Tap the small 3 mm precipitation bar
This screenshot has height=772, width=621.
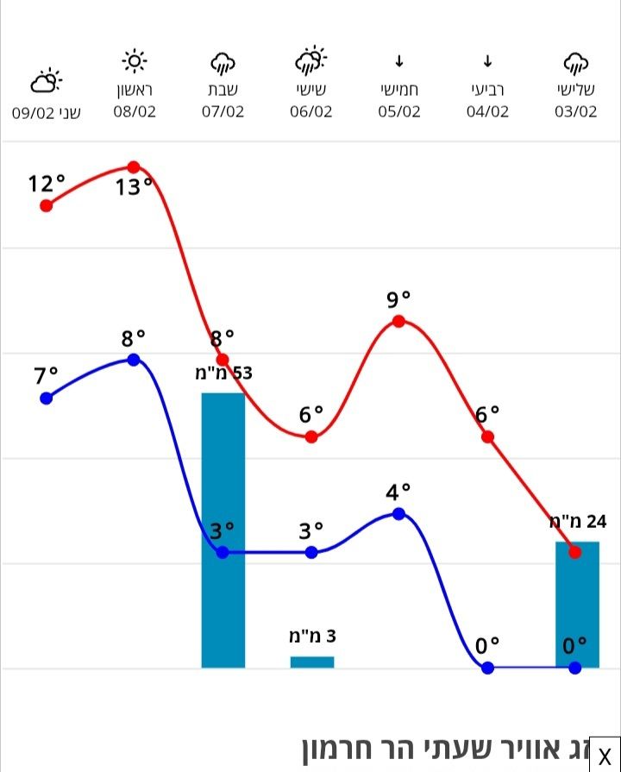[311, 662]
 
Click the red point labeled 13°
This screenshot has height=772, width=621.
[134, 167]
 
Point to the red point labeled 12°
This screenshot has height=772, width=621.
[47, 205]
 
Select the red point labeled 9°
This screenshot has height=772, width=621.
[398, 322]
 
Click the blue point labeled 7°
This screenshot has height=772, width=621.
[47, 399]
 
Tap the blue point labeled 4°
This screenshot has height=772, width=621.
[398, 514]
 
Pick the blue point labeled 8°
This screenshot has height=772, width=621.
[134, 360]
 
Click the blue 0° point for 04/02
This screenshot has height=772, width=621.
[487, 668]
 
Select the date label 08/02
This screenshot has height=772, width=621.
[135, 112]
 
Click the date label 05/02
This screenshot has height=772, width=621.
[398, 112]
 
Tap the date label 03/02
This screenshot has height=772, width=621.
[576, 112]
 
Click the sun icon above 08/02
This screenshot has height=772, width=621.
[135, 61]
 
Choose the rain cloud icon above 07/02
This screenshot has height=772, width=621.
[223, 62]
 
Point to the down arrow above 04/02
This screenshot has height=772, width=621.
[487, 61]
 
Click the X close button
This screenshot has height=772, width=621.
[605, 756]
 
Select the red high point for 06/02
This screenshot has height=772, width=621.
[311, 437]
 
